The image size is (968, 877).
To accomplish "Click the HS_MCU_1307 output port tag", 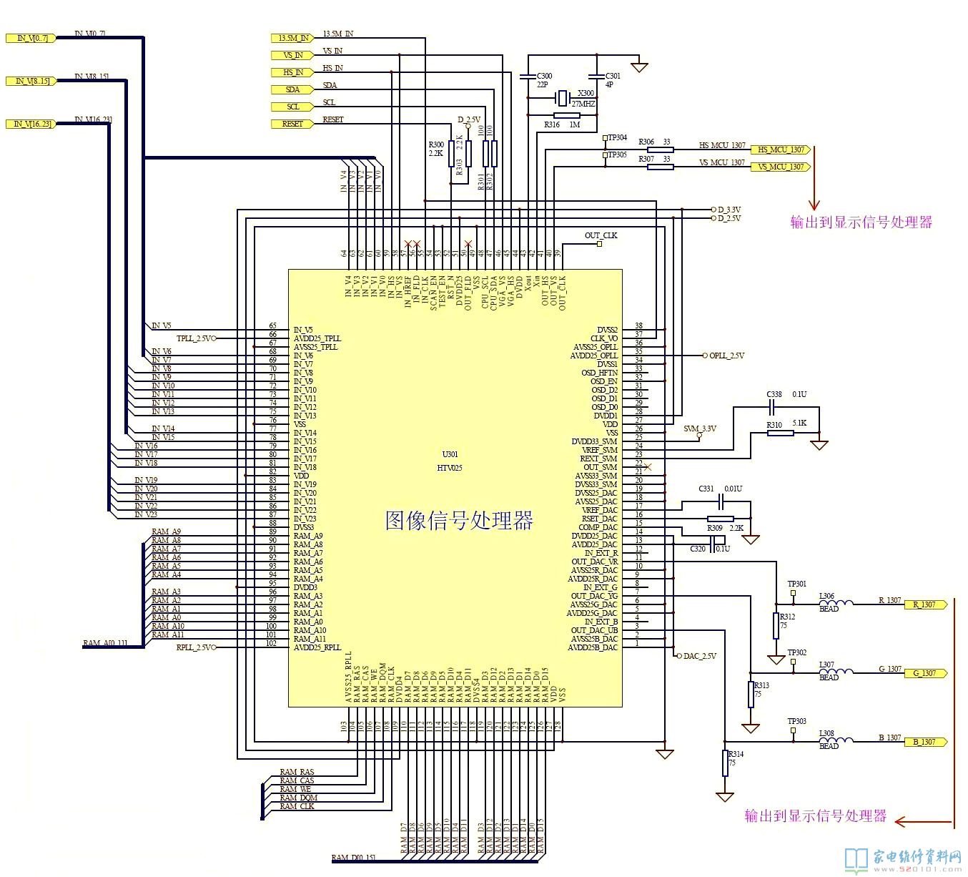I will (x=780, y=150).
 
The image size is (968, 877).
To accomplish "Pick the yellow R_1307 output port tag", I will (x=925, y=604).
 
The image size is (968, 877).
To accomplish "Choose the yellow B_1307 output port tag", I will (x=925, y=742).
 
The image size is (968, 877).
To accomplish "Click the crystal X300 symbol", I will (x=563, y=96).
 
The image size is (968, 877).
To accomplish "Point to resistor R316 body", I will (x=566, y=115).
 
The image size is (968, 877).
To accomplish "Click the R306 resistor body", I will (x=660, y=150).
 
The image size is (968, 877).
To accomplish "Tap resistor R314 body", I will (x=725, y=763).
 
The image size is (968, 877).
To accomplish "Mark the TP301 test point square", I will (x=793, y=592).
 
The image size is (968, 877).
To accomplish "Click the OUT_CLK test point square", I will (x=600, y=244).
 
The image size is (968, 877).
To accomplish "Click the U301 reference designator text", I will (x=450, y=454).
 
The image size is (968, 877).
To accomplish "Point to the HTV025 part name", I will (x=450, y=468).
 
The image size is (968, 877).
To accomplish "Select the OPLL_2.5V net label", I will (x=726, y=356).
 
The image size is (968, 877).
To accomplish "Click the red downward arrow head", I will (x=814, y=205).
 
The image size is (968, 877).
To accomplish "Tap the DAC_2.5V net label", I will (x=700, y=656).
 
